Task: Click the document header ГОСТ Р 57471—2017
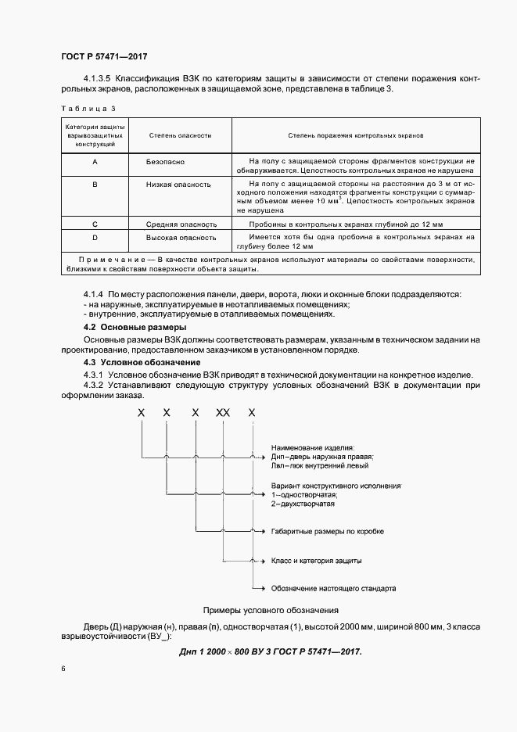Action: pos(104,56)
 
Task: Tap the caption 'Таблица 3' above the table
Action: pos(87,109)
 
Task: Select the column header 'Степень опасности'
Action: pos(180,135)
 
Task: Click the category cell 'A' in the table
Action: pos(95,160)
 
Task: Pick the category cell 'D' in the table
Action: pos(95,236)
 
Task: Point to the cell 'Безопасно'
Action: pos(163,160)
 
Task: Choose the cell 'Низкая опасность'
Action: pos(178,185)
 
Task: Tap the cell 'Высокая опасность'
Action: pos(181,236)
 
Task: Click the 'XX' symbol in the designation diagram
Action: pos(223,412)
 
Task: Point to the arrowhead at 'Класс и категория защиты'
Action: pos(253,560)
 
